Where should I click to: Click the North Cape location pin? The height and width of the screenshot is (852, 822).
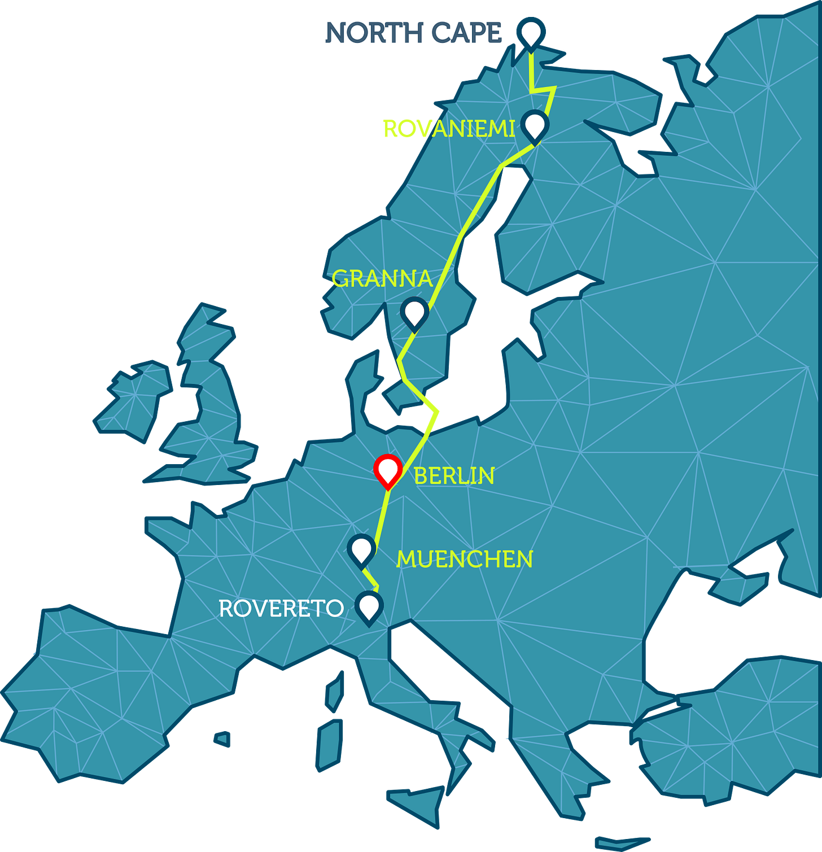pos(531,32)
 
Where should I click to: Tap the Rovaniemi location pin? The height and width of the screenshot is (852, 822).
pos(535,125)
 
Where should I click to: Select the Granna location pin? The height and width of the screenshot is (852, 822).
pos(414,312)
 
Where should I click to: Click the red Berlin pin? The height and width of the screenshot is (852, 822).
pos(388,470)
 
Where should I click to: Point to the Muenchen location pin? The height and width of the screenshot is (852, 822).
pos(361,549)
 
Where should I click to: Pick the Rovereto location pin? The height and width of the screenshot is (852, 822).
pos(369,606)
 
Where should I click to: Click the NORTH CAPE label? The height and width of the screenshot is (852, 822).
pos(413,33)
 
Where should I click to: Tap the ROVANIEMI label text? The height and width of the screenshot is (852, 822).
pos(448,129)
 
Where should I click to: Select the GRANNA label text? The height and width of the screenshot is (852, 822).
pos(382,279)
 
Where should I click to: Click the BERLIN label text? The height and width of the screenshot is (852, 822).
pos(454,476)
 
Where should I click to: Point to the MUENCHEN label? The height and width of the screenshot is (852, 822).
pos(464,560)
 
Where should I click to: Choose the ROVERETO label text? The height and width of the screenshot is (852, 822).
pos(281,609)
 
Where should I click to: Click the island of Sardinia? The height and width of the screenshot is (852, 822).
pos(329,745)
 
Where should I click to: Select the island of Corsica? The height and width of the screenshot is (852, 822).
pos(335,692)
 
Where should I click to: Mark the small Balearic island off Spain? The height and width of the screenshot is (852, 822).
pos(222,739)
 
